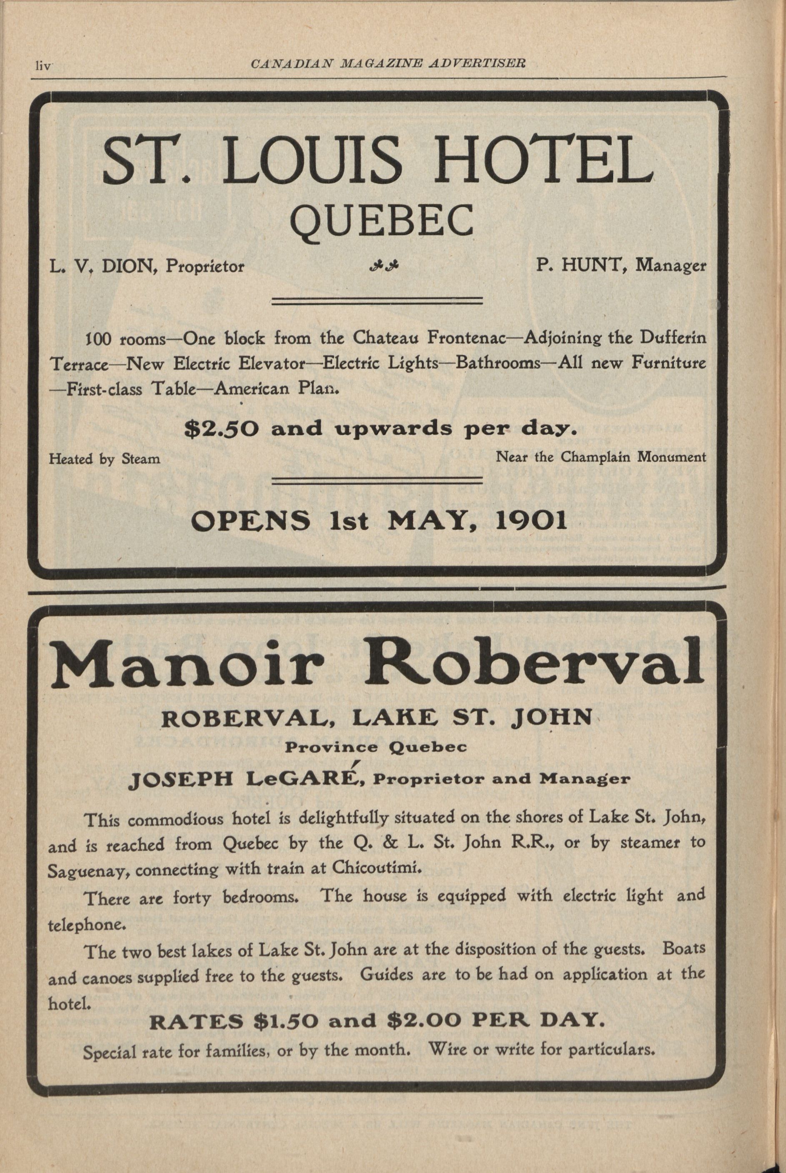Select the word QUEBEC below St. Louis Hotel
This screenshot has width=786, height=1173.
[382, 221]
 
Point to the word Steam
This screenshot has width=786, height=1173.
[141, 458]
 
